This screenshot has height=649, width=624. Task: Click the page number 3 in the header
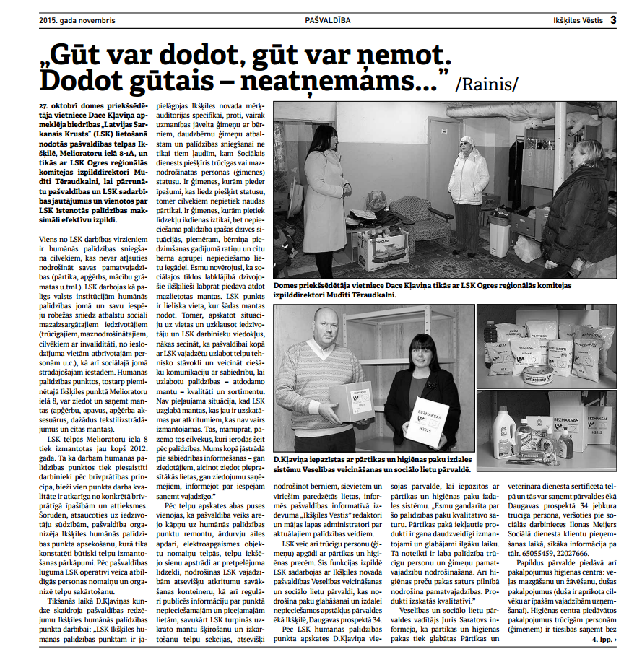tap(612, 20)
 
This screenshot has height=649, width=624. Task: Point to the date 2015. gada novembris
tap(77, 20)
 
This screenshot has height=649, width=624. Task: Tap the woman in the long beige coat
tap(325, 199)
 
